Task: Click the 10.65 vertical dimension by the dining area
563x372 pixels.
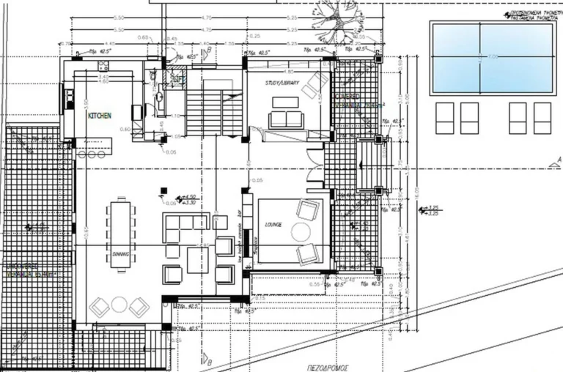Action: pos(87,233)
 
